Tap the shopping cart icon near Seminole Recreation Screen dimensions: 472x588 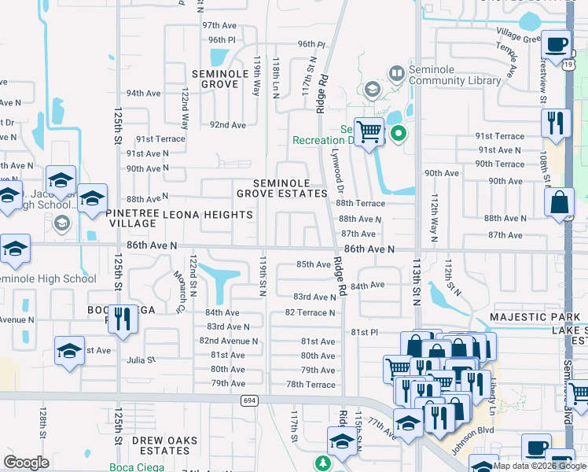368,132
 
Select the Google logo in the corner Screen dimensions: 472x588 26,463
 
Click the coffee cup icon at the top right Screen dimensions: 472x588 557,45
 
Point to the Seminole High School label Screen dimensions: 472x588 47,278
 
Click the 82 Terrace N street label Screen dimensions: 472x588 310,312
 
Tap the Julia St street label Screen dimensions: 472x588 141,360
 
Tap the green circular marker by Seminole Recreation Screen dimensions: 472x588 399,133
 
